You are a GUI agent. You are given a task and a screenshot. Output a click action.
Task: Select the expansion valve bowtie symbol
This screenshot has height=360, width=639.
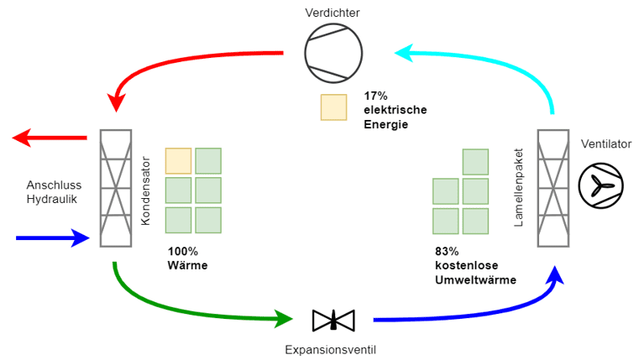click(333, 320)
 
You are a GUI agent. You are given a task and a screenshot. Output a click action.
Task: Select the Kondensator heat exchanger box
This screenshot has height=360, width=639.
click(116, 188)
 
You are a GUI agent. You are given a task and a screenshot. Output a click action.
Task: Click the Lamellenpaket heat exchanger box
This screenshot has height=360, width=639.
click(553, 188)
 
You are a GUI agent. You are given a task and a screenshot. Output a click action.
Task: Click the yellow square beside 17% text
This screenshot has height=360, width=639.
click(333, 107)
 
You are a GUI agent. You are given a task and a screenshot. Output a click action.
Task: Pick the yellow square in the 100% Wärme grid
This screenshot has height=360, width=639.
click(178, 160)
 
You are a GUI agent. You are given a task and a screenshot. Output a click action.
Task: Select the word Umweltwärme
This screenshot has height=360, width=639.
click(475, 280)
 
